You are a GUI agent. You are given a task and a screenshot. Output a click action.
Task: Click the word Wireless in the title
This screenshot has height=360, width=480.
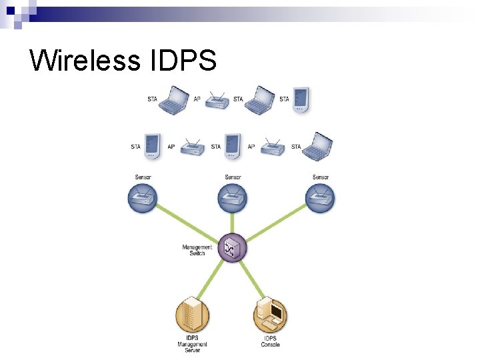click(x=85, y=60)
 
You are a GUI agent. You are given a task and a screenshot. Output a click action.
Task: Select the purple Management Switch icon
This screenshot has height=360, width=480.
click(x=232, y=249)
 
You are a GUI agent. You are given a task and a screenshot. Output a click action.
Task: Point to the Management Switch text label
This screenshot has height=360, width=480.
click(x=197, y=250)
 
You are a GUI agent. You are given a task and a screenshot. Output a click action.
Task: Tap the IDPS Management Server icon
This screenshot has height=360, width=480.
click(x=192, y=316)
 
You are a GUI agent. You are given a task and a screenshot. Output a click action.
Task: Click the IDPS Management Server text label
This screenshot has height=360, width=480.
click(x=192, y=345)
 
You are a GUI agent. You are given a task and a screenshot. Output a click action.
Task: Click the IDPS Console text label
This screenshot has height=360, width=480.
click(x=271, y=342)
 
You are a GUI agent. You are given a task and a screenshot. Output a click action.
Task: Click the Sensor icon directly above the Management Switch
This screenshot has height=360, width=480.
click(x=232, y=198)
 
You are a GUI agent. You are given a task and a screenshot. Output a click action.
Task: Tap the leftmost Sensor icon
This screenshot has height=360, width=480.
click(x=143, y=198)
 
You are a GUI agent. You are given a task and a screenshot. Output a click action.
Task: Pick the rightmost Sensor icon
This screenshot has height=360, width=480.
click(x=320, y=198)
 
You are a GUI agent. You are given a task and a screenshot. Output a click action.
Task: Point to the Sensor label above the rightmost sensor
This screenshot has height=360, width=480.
click(x=321, y=177)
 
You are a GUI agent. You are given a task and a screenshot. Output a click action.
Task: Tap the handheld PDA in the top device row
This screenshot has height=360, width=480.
click(x=301, y=100)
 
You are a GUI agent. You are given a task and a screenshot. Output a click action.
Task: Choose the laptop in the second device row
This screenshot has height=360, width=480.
click(x=318, y=147)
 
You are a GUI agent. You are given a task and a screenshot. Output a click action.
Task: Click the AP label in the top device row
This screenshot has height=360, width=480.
click(x=197, y=100)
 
